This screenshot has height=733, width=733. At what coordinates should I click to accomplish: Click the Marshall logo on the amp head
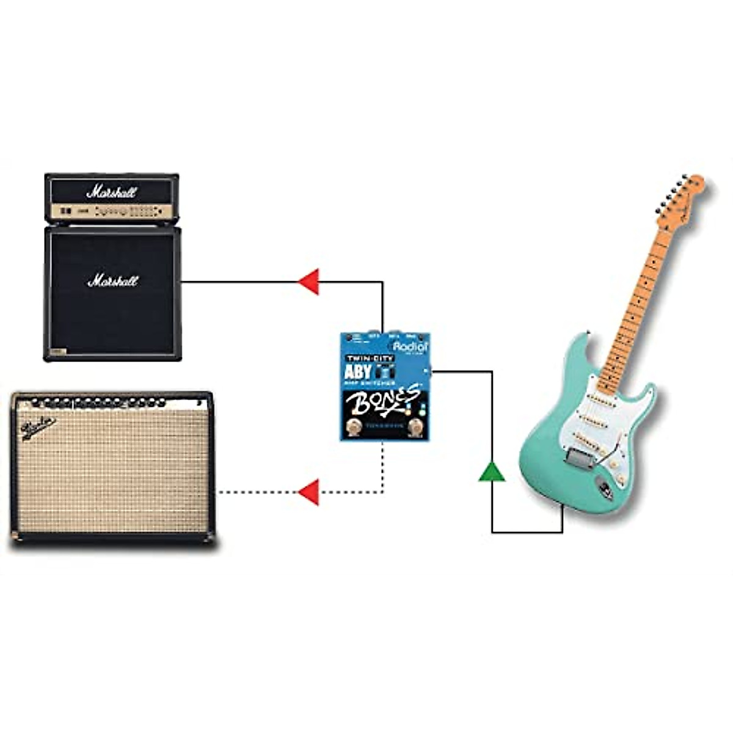112,192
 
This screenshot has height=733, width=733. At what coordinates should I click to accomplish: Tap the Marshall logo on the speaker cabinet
113,281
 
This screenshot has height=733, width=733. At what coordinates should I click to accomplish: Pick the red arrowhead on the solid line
309,282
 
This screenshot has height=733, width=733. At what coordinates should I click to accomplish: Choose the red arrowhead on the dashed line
309,492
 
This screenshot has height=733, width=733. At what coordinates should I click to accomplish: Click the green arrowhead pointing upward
492,472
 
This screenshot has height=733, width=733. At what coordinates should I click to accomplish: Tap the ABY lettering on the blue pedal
358,371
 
